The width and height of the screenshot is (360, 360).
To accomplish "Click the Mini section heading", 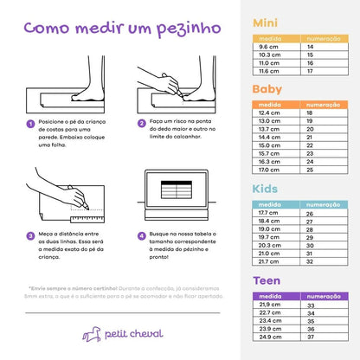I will pos(265,23).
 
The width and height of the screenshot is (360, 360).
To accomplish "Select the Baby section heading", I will pos(267,89).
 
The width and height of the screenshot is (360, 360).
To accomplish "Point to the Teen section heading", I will pos(266,280).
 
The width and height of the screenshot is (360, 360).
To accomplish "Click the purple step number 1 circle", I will pos(30,123).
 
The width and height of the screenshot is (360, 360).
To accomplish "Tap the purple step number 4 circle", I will pos(140,235).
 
